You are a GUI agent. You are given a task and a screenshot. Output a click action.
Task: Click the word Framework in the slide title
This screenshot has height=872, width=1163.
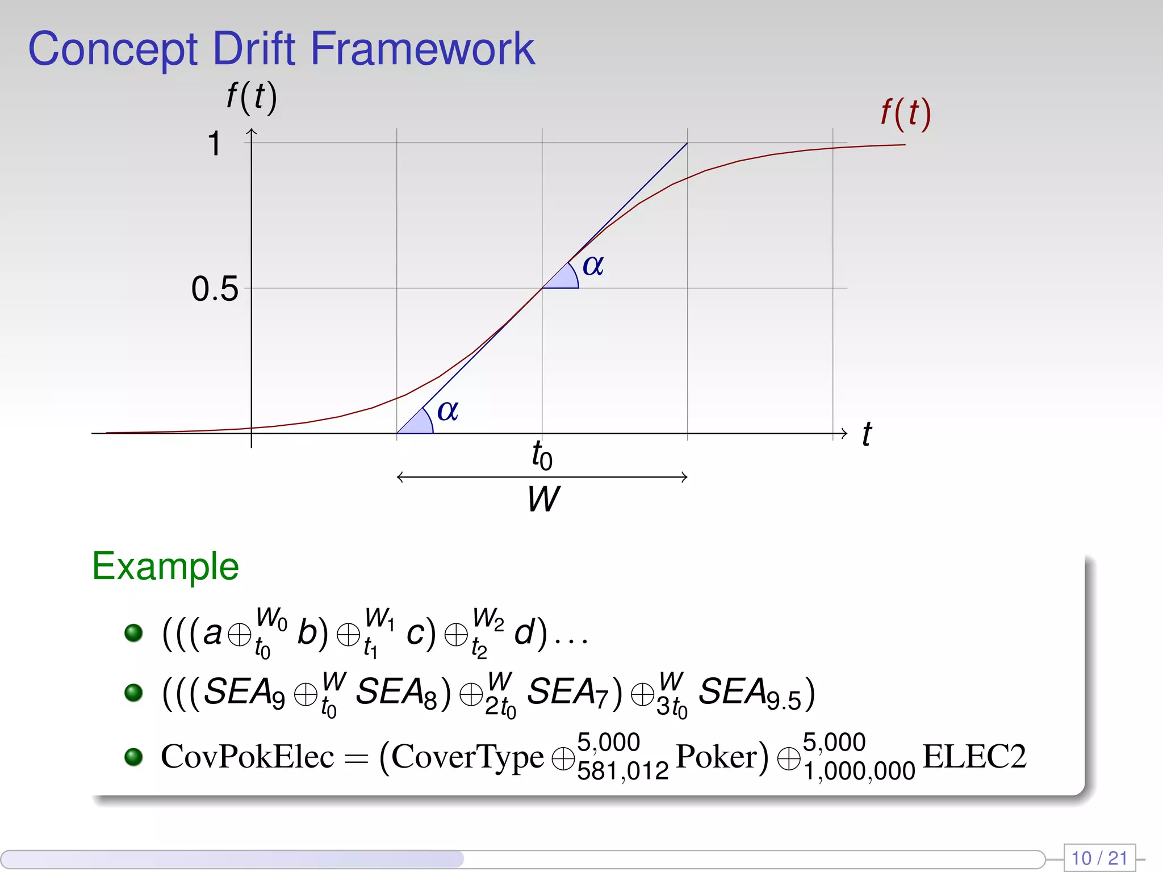tap(422, 49)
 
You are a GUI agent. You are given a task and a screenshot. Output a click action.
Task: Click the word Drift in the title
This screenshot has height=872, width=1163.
tap(254, 49)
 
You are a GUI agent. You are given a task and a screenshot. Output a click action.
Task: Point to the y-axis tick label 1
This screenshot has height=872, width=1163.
tap(214, 143)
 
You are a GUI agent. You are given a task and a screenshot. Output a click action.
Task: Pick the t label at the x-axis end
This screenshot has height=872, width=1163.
tap(867, 434)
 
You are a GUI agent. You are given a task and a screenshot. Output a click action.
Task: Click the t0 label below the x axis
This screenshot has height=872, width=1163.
tap(542, 455)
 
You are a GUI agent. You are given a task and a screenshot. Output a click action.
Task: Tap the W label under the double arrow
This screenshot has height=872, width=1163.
tap(543, 499)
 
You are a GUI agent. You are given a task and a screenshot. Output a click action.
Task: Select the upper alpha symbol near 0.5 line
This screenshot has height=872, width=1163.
tap(593, 265)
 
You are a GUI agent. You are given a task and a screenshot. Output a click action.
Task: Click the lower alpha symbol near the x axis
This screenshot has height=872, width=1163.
tap(447, 410)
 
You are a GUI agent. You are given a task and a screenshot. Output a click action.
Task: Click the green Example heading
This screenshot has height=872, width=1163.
tap(165, 566)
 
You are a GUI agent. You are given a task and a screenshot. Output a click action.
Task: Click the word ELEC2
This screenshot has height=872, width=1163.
tap(974, 756)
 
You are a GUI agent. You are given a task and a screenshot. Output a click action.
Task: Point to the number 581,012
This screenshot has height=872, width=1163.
tap(623, 771)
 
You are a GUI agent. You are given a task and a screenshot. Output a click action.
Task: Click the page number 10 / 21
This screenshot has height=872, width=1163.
tap(1099, 857)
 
